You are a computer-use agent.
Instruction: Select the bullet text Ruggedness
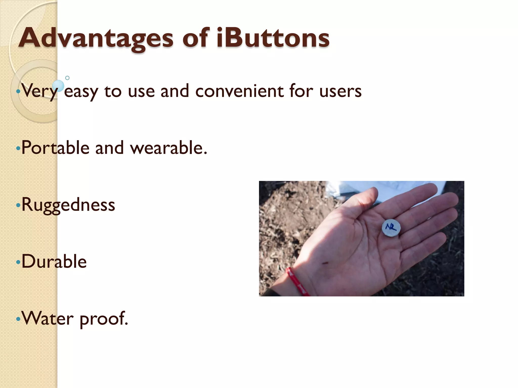coord(68,205)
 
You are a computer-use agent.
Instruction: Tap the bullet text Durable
coord(54,261)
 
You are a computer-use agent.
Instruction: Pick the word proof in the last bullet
coord(103,319)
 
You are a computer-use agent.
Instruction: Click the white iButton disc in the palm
coord(391,228)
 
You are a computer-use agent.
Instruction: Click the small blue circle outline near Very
coord(67,78)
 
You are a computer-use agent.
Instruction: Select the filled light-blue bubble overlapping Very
coord(58,86)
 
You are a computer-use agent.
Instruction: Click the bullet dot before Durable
coord(18,262)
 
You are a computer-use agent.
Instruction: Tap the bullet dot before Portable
coord(18,149)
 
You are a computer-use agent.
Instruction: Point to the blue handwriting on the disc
coord(391,227)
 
